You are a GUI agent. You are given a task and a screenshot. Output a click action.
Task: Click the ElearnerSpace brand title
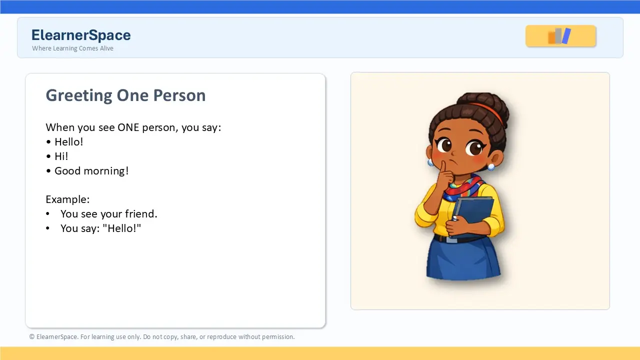click(81, 35)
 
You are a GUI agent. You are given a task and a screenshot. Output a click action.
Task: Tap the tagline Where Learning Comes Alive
click(72, 48)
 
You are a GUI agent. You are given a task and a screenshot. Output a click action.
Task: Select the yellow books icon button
click(560, 36)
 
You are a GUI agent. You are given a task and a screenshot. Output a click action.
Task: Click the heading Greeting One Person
click(125, 95)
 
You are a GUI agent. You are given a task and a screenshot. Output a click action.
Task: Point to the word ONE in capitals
click(128, 127)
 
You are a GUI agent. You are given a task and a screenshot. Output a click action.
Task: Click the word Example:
click(67, 199)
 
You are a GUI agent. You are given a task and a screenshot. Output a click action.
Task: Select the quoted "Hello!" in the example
click(121, 228)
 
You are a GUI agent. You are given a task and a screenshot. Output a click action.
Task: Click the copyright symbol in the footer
click(31, 337)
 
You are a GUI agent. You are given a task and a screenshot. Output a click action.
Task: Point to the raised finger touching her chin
click(443, 170)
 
